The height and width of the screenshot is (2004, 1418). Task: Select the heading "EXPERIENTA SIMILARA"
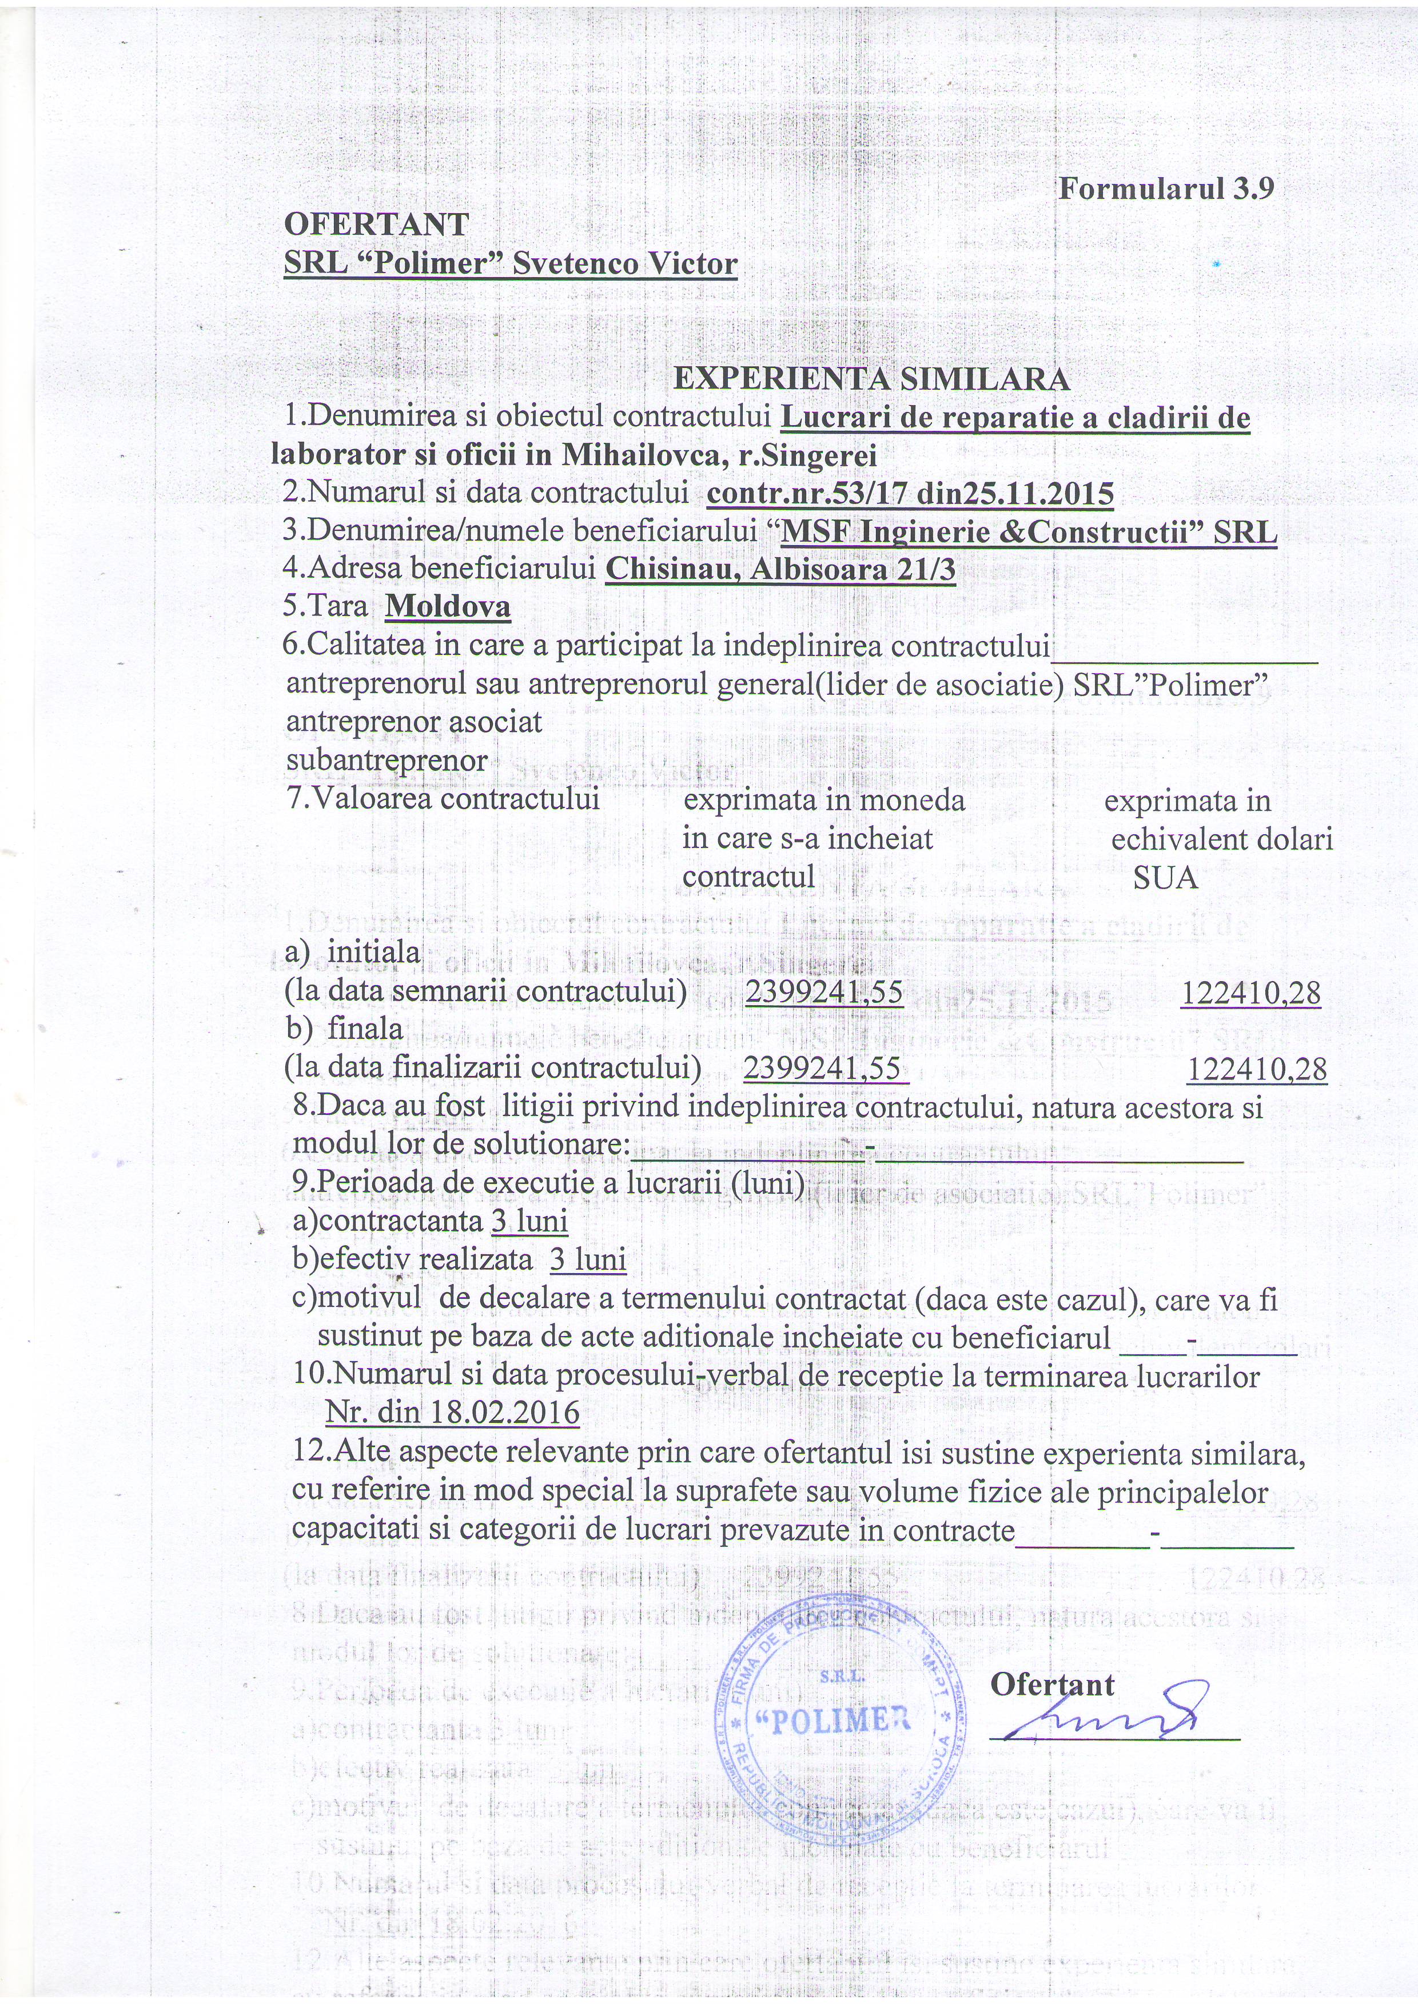click(x=871, y=379)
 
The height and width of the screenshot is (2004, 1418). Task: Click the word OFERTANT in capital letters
click(x=376, y=225)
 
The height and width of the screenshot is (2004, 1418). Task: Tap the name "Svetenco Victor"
click(x=624, y=263)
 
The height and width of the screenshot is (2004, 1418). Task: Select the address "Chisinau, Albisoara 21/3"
click(x=780, y=569)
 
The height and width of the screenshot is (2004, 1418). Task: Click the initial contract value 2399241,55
click(x=823, y=993)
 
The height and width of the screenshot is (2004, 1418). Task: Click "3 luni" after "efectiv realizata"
click(x=588, y=1259)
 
